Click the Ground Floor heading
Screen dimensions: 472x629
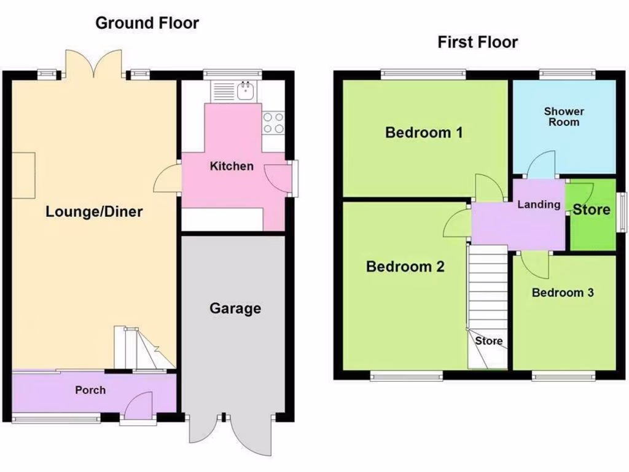pos(147,23)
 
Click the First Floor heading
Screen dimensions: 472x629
pos(477,42)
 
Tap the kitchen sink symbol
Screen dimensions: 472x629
pos(247,90)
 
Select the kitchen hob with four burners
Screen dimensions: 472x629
pos(273,122)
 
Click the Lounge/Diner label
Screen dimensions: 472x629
pos(94,212)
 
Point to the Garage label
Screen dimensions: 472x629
pos(235,309)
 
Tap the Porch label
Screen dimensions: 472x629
pos(90,390)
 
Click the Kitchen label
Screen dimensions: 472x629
pos(232,166)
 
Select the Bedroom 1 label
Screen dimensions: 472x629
pos(424,132)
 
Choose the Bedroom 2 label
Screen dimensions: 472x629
pos(405,267)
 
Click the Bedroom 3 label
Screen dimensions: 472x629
pos(563,293)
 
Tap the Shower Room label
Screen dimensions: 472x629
pos(564,117)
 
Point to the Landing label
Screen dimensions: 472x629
pos(539,205)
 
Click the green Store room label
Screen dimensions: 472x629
pos(592,210)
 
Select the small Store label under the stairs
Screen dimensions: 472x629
pos(489,340)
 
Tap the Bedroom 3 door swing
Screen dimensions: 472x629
pos(536,264)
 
